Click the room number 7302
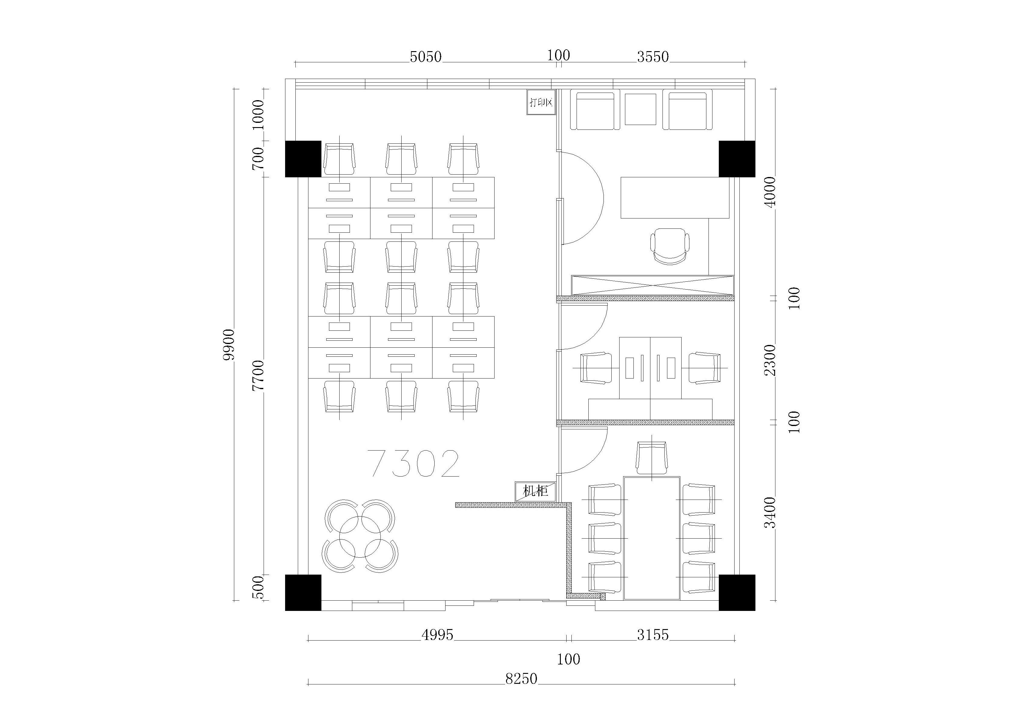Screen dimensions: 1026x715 point(414,464)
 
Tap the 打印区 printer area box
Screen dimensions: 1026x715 point(541,102)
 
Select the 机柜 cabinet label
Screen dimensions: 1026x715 point(536,491)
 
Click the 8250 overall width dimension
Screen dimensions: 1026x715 point(521,678)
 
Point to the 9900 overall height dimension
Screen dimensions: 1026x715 point(229,345)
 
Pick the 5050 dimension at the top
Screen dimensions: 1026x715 point(426,57)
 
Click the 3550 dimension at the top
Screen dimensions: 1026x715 point(653,57)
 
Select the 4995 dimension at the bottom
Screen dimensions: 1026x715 point(437,635)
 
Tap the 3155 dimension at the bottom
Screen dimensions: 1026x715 point(653,635)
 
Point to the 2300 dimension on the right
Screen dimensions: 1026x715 point(770,360)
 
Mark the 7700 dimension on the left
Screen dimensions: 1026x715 point(258,376)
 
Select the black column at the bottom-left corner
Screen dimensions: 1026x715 point(303,592)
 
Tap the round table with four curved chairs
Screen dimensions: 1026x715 point(360,536)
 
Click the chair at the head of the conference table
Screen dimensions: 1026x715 point(652,458)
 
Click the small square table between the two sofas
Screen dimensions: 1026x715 point(640,110)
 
